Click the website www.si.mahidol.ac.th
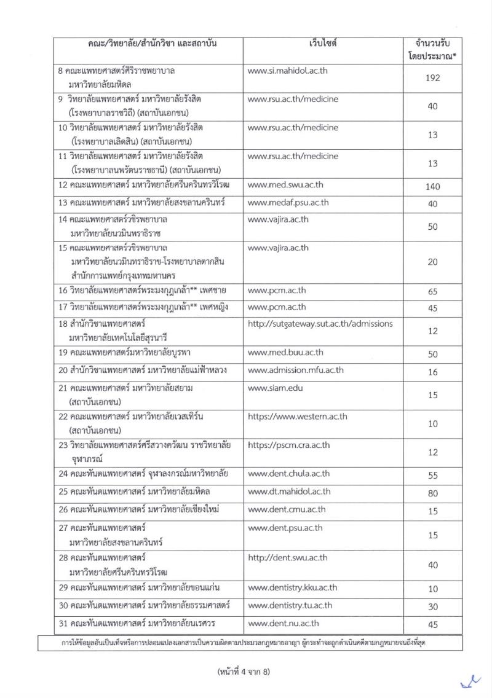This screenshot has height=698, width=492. click(x=287, y=71)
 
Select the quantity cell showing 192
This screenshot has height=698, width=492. click(x=432, y=78)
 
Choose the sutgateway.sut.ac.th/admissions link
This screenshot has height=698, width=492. click(x=320, y=324)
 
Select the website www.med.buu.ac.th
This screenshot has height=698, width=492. click(x=285, y=353)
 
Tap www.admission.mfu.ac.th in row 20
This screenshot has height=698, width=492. click(x=295, y=371)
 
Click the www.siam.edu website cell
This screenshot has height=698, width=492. click(x=275, y=388)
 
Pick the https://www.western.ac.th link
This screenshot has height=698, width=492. click(x=297, y=417)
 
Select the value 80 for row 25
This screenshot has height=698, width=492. click(x=432, y=492)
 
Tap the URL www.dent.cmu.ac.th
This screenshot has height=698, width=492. click(x=287, y=509)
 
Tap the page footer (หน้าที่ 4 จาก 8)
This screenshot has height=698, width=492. click(x=244, y=672)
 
